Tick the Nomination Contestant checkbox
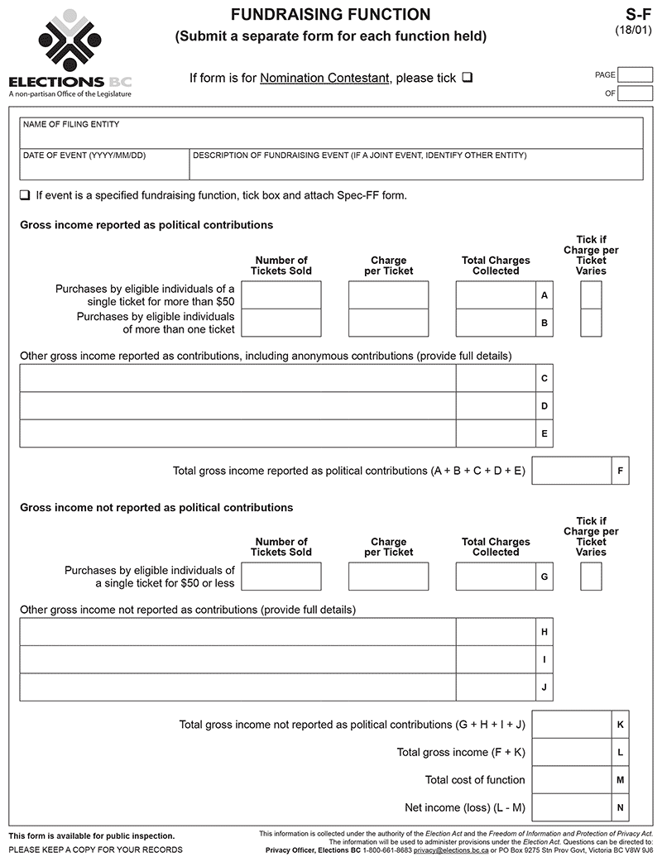tap(468, 78)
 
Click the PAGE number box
tap(635, 74)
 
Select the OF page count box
tap(635, 93)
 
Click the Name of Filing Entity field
tap(331, 133)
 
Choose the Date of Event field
tap(104, 165)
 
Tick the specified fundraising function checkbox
tap(25, 196)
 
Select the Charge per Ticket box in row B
tap(388, 323)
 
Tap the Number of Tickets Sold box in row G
tap(281, 577)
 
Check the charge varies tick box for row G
tap(591, 577)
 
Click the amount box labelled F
tap(571, 471)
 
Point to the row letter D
tap(544, 406)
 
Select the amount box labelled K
tap(571, 724)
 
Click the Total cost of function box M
tap(571, 779)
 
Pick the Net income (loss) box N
tap(571, 807)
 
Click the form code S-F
tap(640, 15)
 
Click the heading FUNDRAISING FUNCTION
tap(330, 15)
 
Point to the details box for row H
tap(237, 632)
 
